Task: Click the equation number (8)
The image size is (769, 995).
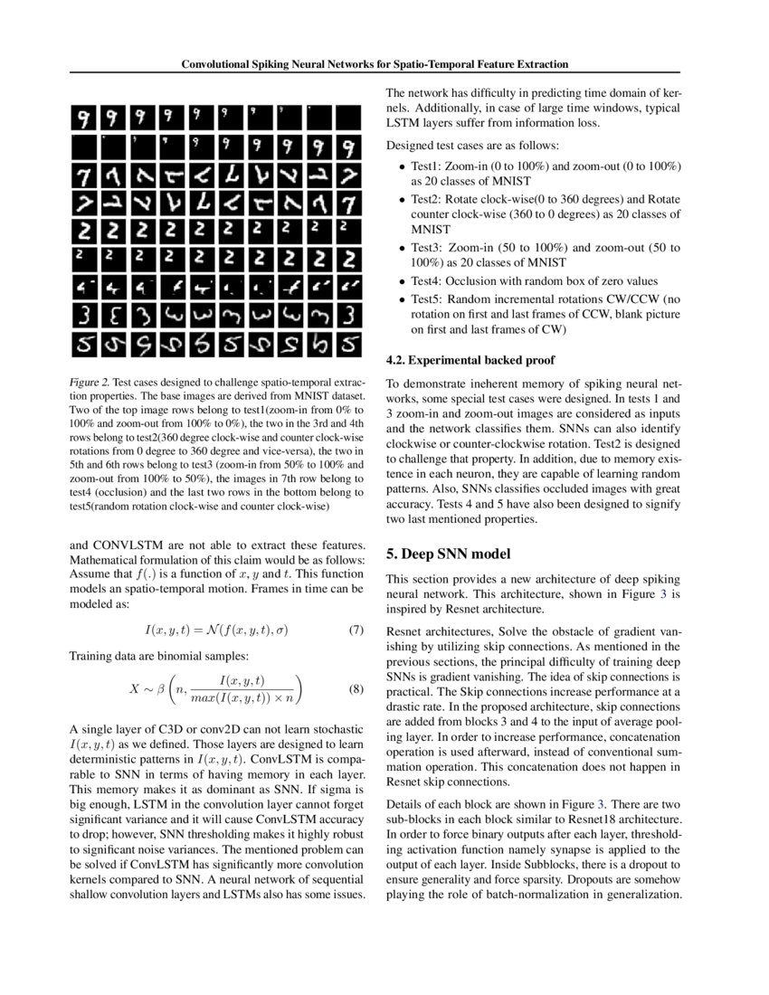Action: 356,689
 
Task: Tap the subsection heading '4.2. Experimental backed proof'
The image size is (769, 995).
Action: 470,360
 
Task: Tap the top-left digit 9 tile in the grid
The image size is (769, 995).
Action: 84,118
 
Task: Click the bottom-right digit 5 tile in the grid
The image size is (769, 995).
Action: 348,346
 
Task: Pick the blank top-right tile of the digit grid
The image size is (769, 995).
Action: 348,118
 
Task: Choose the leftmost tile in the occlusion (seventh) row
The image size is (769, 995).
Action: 84,289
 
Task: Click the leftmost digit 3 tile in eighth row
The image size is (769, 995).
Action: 84,317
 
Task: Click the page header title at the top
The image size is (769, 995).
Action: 375,65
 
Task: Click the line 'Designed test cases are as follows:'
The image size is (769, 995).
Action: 472,146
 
